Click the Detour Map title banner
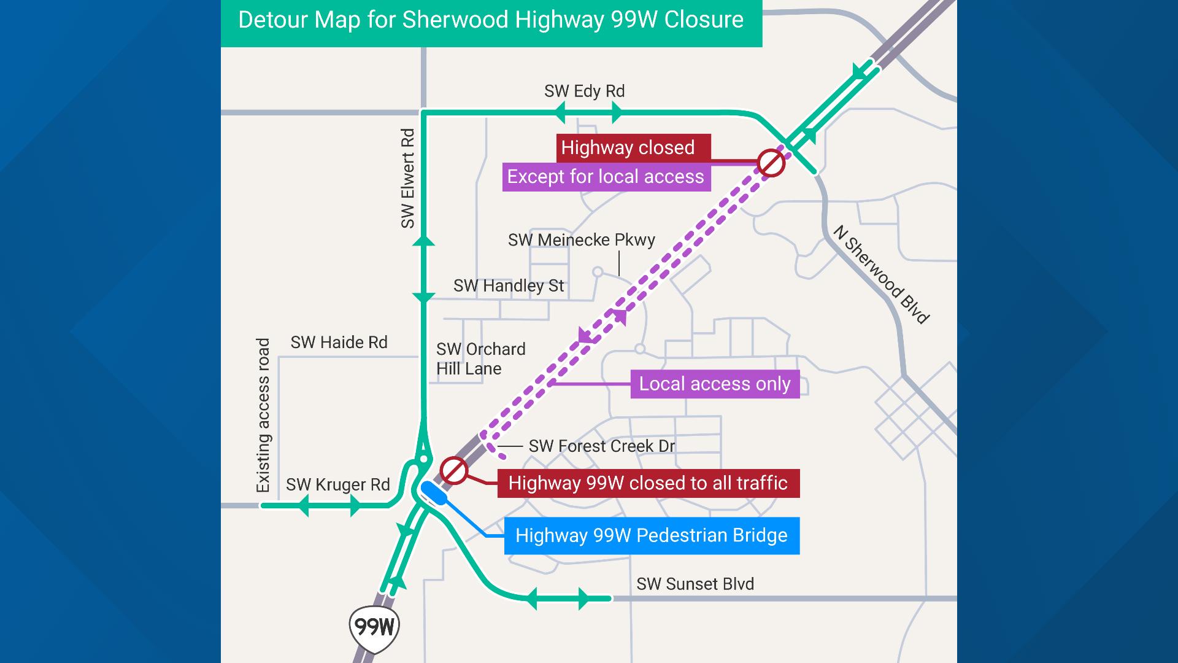pos(491,20)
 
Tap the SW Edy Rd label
pos(584,91)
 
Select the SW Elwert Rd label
pos(408,178)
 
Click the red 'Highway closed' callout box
pos(633,148)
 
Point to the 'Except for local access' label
pos(606,177)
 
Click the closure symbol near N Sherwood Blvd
pos(771,163)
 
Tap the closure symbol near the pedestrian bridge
pos(454,471)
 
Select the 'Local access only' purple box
pos(715,384)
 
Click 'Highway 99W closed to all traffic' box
pos(648,483)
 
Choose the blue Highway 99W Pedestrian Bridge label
pos(652,535)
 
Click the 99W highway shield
pos(374,627)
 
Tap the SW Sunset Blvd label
pos(695,584)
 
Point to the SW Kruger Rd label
pos(338,485)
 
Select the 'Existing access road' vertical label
pos(263,415)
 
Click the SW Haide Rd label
pos(339,343)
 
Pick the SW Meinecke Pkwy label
pos(581,240)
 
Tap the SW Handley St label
pos(509,286)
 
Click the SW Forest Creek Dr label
pos(602,446)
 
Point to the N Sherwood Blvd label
pos(882,274)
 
